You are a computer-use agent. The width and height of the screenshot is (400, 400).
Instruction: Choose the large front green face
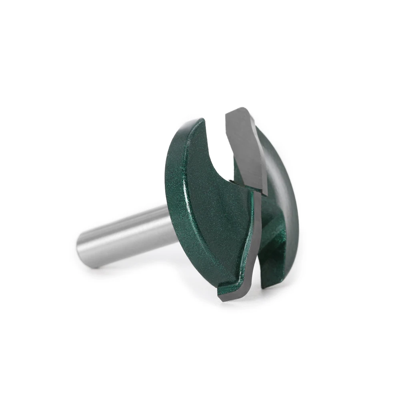[x=208, y=208]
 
